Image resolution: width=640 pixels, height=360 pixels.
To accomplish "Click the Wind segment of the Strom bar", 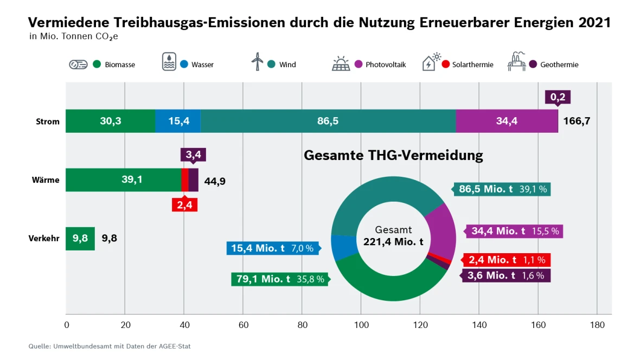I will pyautogui.click(x=328, y=121).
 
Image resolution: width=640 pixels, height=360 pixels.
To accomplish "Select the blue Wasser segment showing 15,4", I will pyautogui.click(x=178, y=121).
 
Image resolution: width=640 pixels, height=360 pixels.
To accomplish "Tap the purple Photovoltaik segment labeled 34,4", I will pyautogui.click(x=507, y=121).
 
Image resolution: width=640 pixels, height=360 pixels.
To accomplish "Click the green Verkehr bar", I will pyautogui.click(x=80, y=239).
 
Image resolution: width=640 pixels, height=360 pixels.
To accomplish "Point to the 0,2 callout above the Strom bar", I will pyautogui.click(x=558, y=97).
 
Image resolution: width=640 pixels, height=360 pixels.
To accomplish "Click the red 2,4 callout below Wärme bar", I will pyautogui.click(x=185, y=205).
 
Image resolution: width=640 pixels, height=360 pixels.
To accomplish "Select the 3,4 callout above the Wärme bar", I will pyautogui.click(x=193, y=155).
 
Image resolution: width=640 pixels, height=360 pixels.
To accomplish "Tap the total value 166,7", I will pyautogui.click(x=577, y=121).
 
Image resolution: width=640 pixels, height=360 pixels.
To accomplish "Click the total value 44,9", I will pyautogui.click(x=215, y=181).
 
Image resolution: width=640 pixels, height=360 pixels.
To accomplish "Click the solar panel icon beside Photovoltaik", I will pyautogui.click(x=341, y=63).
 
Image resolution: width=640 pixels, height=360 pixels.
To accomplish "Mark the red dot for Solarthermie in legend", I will pyautogui.click(x=446, y=65).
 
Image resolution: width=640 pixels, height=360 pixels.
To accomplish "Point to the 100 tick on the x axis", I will pyautogui.click(x=361, y=325).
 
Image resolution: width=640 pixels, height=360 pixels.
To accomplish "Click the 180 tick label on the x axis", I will pyautogui.click(x=597, y=325).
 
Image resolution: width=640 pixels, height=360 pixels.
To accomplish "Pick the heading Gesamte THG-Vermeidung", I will pyautogui.click(x=393, y=156).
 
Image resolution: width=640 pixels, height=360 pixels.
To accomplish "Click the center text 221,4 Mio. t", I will pyautogui.click(x=393, y=242).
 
